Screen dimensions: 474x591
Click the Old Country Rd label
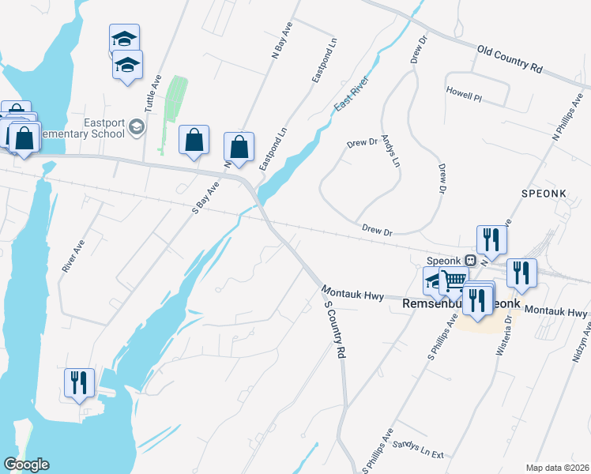510,60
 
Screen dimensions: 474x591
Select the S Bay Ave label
205,197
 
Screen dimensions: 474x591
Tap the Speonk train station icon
470,259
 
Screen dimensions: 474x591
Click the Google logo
25,465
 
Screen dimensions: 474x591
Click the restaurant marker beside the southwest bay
79,383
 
